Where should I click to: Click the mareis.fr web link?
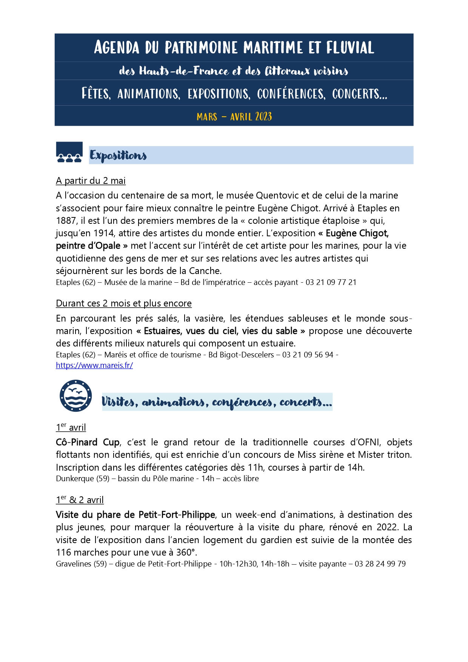94,365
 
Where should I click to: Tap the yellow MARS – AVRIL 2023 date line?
234,116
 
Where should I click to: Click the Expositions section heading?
118,155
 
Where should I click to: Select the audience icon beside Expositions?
69,152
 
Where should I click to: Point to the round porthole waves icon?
75,396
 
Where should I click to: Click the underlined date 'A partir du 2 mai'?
91,181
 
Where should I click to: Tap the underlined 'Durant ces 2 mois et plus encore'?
124,303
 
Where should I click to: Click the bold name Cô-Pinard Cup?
88,442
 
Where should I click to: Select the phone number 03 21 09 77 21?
331,282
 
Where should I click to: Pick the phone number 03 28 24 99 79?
380,564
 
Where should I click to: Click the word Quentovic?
277,196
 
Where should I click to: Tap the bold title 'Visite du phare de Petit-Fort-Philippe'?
135,515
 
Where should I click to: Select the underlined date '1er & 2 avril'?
80,500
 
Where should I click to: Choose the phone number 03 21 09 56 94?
308,355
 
